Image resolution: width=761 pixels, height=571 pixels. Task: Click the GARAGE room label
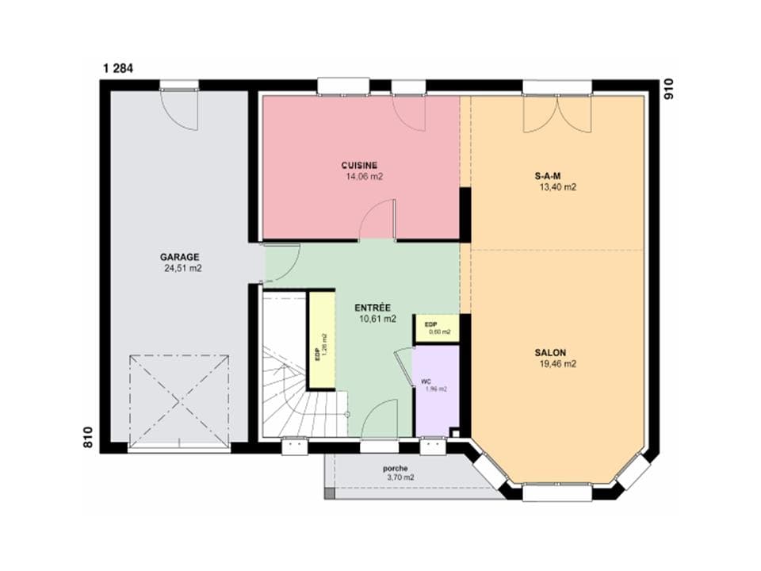[180, 257]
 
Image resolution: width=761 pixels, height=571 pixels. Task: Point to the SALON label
[555, 352]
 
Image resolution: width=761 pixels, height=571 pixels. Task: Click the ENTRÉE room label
[373, 307]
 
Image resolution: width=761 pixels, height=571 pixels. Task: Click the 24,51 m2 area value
[183, 269]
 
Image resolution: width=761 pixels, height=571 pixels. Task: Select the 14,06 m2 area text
[364, 177]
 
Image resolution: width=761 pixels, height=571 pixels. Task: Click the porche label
[394, 468]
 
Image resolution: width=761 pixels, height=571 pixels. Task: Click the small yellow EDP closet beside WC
[437, 328]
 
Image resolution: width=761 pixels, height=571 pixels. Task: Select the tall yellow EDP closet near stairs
[321, 341]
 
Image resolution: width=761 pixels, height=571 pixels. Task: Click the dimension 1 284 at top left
[117, 68]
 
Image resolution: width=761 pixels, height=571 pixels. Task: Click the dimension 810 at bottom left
[89, 437]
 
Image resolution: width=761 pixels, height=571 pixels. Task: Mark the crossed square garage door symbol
[179, 401]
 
